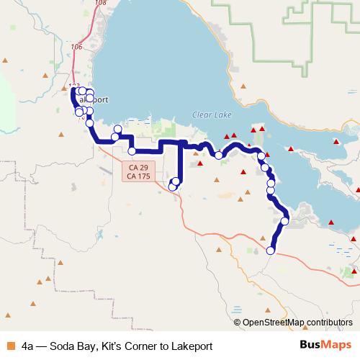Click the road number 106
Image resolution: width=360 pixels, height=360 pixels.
[77, 47]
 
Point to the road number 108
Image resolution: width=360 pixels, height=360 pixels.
[99, 3]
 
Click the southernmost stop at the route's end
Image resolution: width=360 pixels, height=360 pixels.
[271, 251]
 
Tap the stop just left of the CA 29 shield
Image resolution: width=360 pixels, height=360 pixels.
[132, 151]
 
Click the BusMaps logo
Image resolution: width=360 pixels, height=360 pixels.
[325, 346]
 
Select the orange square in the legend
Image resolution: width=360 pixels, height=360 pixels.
[10, 346]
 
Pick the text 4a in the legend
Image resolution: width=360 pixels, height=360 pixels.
[28, 346]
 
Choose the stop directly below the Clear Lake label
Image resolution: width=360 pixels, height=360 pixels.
[218, 155]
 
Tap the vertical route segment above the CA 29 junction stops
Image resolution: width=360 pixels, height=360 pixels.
[178, 162]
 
